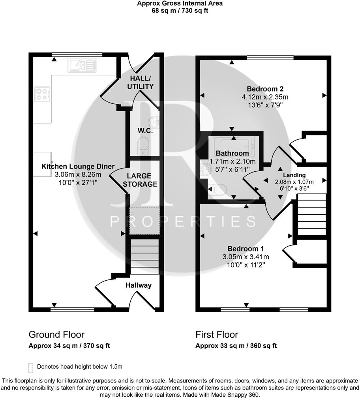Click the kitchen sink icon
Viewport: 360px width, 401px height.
pos(82,65)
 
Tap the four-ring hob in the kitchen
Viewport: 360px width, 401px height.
pos(41,94)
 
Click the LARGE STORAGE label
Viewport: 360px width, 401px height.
pos(142,180)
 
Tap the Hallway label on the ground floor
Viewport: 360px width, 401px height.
pos(139,285)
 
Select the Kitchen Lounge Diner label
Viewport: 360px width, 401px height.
pos(78,167)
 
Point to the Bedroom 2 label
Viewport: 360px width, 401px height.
pos(265,89)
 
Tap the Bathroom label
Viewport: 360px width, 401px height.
pos(232,153)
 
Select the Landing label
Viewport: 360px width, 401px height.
pos(294,175)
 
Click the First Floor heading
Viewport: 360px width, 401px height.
pos(217,335)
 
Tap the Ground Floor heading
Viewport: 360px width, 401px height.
pos(56,335)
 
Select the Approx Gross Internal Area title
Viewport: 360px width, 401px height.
pos(180,4)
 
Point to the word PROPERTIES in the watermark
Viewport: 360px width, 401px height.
pos(183,222)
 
